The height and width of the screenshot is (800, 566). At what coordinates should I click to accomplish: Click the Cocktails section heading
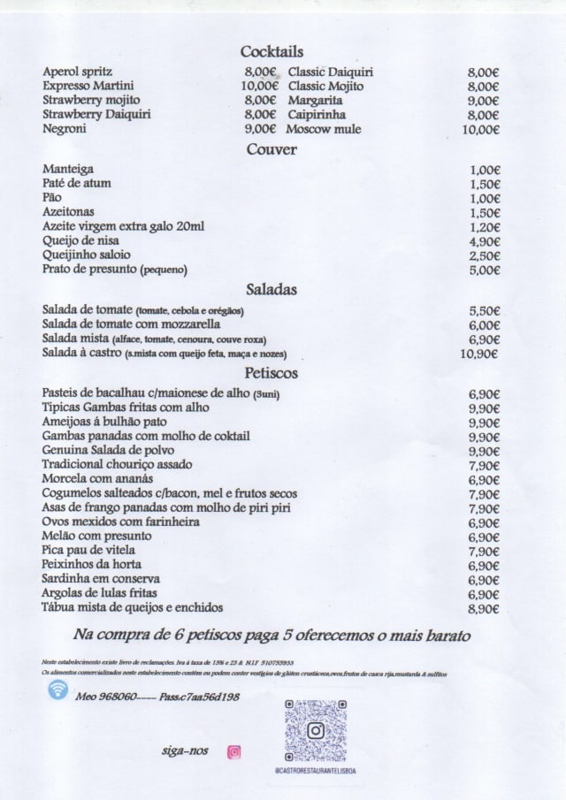pos(272,51)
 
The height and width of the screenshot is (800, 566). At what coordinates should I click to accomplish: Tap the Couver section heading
pos(272,149)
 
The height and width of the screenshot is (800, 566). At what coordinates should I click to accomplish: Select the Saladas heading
pos(272,289)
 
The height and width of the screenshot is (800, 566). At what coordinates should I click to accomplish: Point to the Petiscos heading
pos(272,373)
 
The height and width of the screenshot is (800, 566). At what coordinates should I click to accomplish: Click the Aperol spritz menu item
pos(78,72)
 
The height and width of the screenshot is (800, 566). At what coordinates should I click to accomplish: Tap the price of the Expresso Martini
pos(259,86)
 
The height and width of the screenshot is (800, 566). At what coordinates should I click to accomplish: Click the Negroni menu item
pos(65,129)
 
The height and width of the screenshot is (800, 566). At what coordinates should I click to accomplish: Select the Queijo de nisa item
pos(80,240)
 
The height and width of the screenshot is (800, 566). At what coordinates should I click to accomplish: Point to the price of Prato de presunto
pos(485,270)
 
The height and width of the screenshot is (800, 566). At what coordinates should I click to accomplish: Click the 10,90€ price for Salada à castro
pos(480,354)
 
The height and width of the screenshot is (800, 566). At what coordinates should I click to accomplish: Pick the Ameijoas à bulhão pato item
pos(103,422)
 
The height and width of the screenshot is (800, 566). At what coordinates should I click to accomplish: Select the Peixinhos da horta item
pos(92,565)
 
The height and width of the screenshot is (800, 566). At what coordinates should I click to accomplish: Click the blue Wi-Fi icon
pos(58,690)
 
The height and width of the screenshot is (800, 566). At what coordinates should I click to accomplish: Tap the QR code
pos(315,731)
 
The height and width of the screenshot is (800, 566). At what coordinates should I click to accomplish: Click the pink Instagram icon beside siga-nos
pos(233,752)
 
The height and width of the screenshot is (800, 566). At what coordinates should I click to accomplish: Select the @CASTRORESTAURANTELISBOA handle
pos(315,771)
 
